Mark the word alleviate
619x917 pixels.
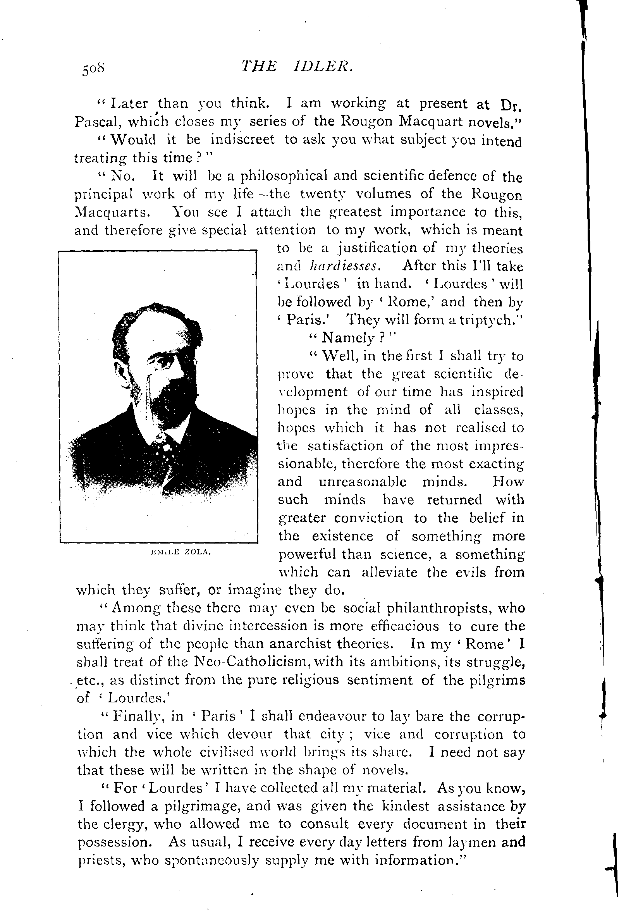coord(389,572)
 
